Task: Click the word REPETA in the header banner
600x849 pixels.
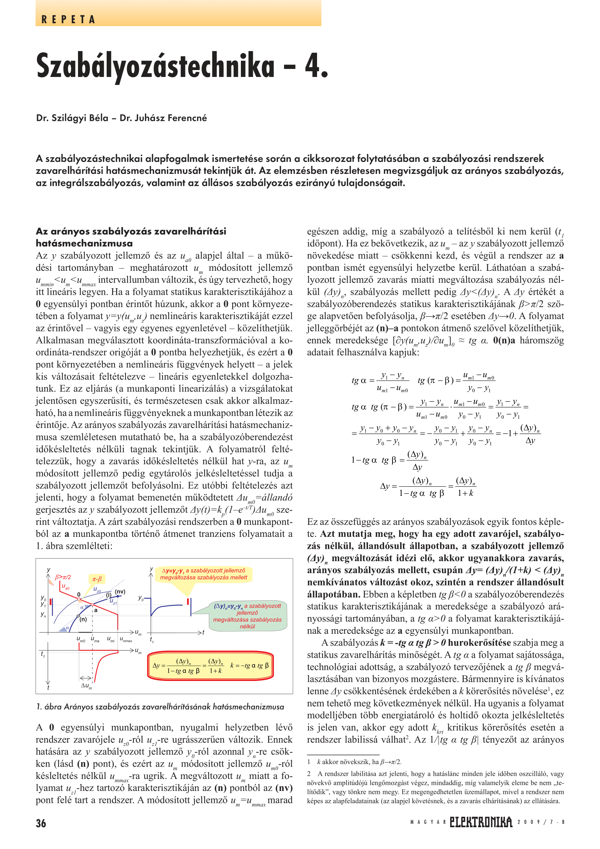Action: point(68,20)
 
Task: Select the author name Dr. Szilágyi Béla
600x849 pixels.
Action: point(72,118)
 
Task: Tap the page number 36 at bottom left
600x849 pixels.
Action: point(41,823)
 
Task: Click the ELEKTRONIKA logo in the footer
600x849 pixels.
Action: point(481,822)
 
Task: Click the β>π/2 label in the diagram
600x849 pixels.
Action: point(63,577)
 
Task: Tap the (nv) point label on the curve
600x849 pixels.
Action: point(120,592)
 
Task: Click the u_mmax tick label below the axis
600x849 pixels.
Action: point(126,639)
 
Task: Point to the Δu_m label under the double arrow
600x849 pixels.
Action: point(86,686)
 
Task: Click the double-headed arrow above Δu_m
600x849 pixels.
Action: point(86,678)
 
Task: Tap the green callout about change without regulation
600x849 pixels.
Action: point(247,616)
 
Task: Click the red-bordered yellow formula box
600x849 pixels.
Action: point(211,666)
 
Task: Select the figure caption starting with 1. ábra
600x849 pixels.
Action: point(160,707)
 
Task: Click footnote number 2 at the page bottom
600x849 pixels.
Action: point(309,774)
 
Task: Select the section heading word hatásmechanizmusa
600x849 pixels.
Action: point(84,243)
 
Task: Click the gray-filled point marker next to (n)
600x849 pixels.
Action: point(78,616)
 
